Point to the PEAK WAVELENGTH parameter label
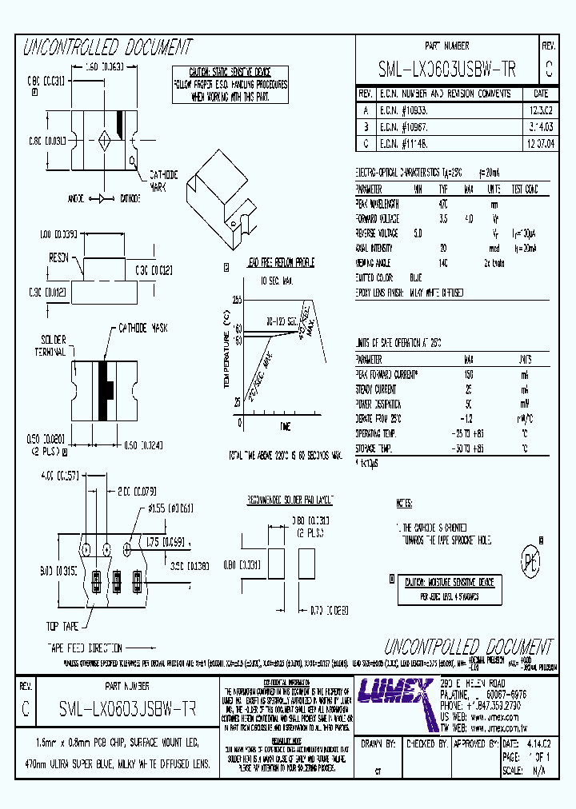tap(379, 204)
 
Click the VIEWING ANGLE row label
tap(374, 261)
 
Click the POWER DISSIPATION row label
tap(380, 404)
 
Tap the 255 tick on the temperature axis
tap(237, 299)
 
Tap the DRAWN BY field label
tap(379, 743)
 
